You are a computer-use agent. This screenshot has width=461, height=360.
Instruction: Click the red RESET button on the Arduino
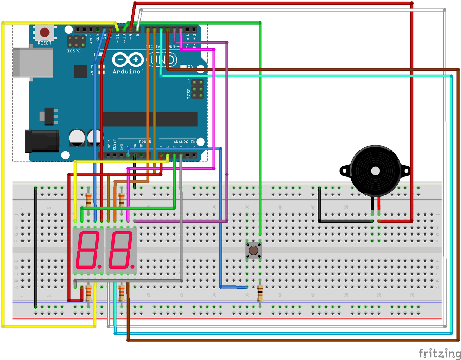tap(45, 33)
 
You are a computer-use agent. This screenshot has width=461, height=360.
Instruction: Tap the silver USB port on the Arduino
tap(33, 62)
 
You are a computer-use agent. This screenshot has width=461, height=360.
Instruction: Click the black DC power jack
tap(41, 141)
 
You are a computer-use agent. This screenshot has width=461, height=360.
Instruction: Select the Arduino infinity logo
tap(128, 60)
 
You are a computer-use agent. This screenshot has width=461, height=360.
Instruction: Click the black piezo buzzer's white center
tap(375, 171)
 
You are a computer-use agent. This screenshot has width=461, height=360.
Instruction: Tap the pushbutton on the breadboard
tap(253, 250)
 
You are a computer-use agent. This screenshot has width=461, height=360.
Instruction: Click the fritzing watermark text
tap(439, 353)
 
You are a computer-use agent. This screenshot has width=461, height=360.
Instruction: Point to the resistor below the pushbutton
tap(260, 294)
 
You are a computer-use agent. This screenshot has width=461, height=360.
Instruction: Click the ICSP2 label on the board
tap(74, 51)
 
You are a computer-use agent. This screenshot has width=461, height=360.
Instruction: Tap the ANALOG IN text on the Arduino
tap(184, 142)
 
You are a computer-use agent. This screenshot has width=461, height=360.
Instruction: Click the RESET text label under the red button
tap(45, 43)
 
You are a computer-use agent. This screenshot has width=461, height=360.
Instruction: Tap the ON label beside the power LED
tap(190, 66)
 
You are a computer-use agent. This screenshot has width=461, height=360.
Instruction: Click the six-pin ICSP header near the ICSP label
tap(198, 89)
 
